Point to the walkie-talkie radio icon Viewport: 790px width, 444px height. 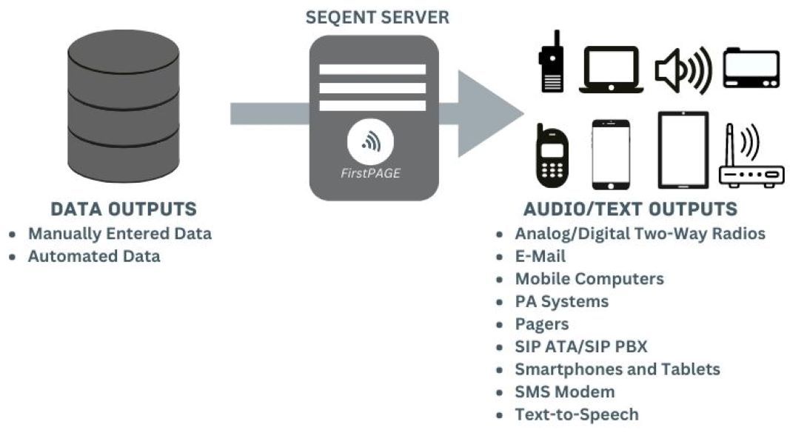(551, 64)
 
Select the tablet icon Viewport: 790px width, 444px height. (683, 150)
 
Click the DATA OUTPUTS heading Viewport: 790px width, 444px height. (124, 209)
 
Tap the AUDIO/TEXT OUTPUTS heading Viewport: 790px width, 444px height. (630, 209)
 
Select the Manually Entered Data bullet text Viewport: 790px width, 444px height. (120, 234)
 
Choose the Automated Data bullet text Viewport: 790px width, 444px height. (94, 257)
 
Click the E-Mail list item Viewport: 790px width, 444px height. (540, 257)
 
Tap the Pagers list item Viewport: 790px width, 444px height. (542, 324)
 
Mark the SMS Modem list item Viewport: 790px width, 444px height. (565, 391)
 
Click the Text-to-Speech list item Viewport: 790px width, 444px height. (577, 414)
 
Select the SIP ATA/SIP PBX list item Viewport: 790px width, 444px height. (581, 346)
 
